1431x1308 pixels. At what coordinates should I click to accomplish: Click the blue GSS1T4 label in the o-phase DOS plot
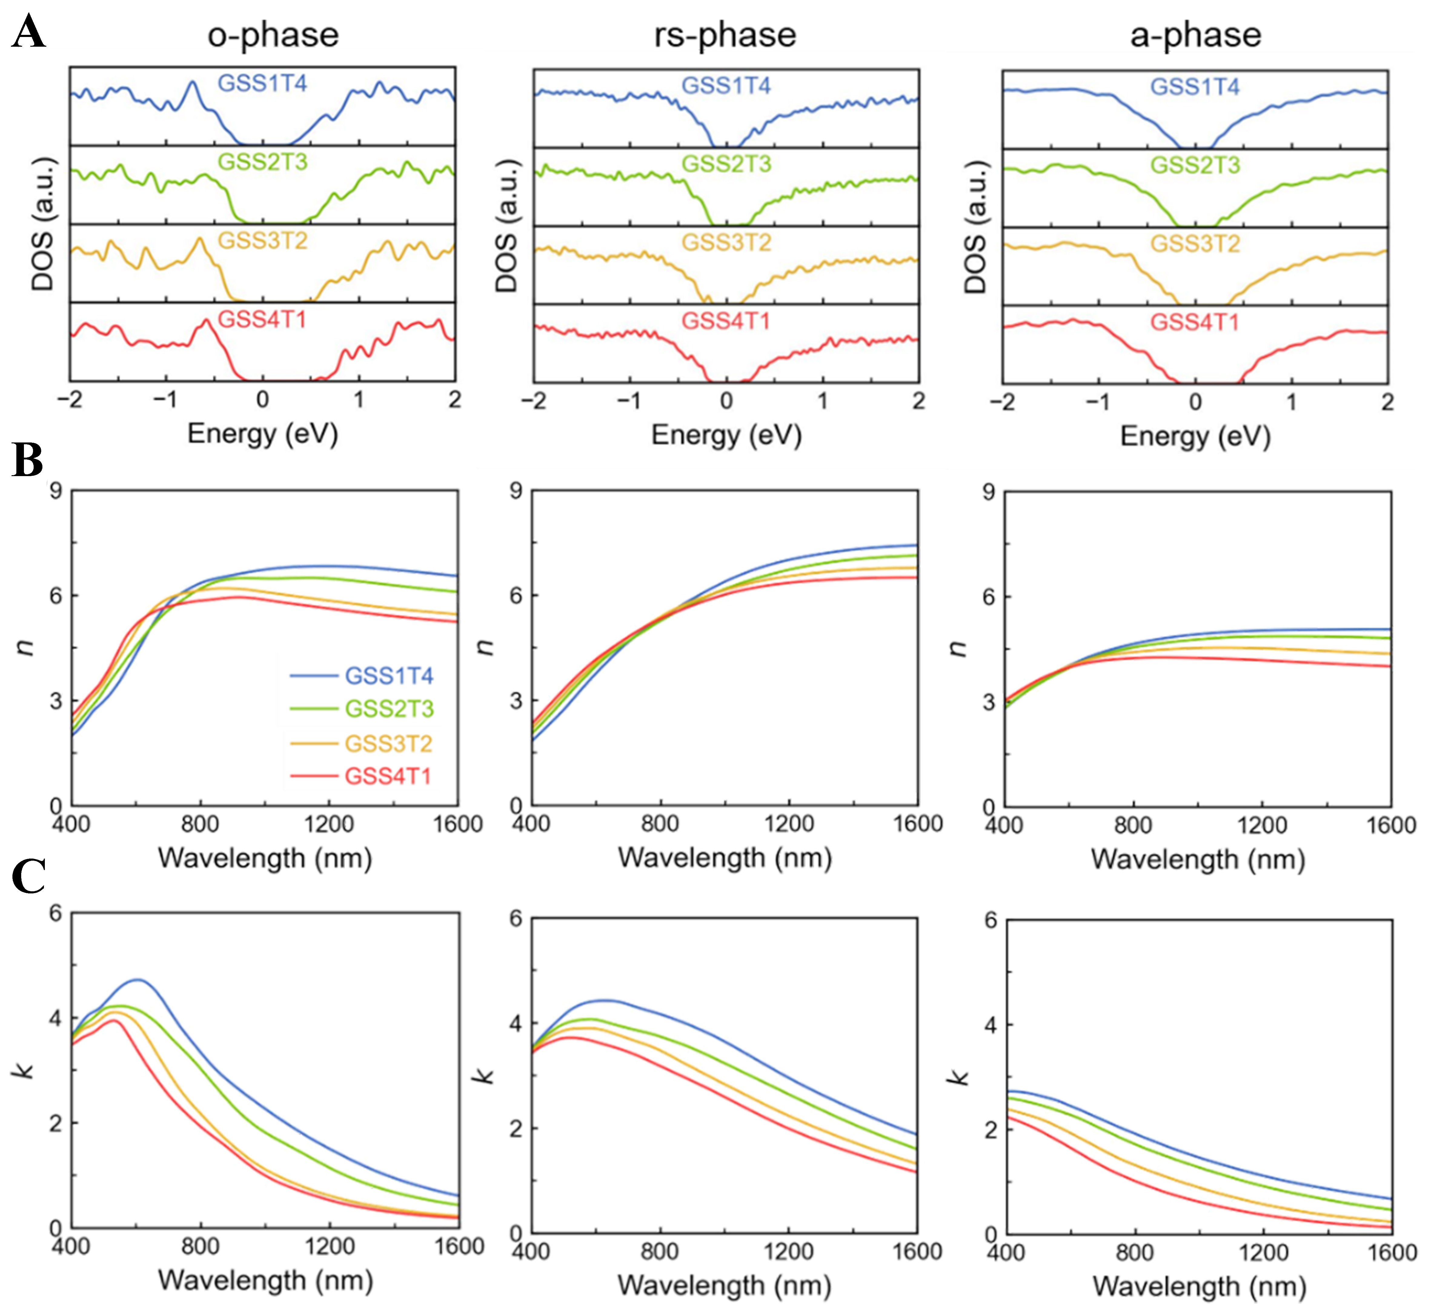tap(262, 84)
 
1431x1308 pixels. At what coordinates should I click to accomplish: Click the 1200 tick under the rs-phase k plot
tap(789, 1251)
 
